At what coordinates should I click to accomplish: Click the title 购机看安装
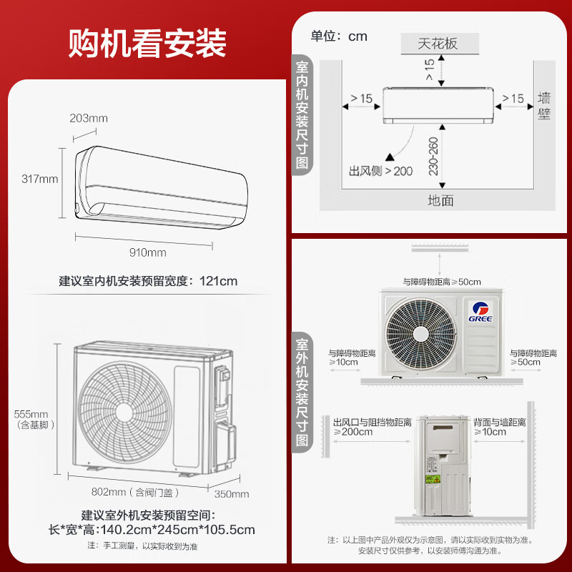click(x=147, y=43)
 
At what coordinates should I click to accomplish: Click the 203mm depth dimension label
click(x=89, y=118)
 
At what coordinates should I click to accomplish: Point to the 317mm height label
click(x=40, y=179)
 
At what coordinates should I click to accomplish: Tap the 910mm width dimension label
click(x=148, y=252)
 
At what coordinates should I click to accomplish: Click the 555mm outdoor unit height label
click(x=31, y=414)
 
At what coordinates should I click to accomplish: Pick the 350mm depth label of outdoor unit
click(x=232, y=493)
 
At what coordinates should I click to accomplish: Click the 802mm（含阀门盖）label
click(x=136, y=492)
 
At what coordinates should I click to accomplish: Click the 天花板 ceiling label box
click(x=438, y=43)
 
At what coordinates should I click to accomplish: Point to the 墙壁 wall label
click(x=544, y=105)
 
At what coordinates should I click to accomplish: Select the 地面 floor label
click(x=440, y=200)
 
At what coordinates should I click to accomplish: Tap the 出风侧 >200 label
click(x=380, y=172)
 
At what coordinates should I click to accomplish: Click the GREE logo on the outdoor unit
click(x=480, y=310)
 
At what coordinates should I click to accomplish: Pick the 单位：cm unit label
click(x=339, y=36)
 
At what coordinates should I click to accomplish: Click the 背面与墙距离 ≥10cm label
click(x=500, y=427)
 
